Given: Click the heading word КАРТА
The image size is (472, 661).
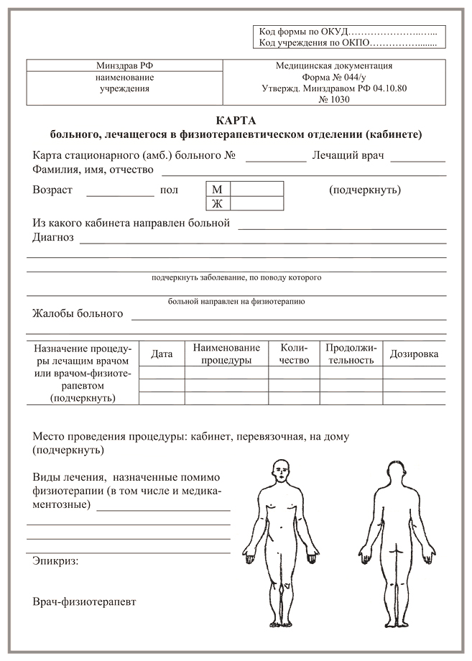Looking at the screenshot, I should [x=236, y=121].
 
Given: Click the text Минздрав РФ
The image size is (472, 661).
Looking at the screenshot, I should [x=124, y=65].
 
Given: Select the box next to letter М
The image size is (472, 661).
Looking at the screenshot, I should [x=257, y=189].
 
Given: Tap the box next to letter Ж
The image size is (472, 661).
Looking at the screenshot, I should [x=257, y=203].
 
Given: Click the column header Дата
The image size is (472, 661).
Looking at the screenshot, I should [x=162, y=353].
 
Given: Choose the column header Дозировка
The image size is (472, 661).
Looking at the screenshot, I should [x=414, y=353].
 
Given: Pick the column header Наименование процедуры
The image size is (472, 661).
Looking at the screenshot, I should [x=226, y=353].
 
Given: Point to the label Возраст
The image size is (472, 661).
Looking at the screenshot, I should [x=52, y=190].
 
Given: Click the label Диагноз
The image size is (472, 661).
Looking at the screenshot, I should [x=53, y=237].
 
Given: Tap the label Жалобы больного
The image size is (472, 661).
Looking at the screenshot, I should [x=78, y=313].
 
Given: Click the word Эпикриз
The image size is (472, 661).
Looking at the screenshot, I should [x=55, y=560].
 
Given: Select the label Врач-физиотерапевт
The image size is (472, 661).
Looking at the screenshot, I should [x=84, y=601].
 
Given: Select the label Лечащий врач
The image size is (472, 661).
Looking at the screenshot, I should [x=348, y=155].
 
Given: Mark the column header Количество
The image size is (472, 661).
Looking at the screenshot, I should [x=294, y=353].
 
